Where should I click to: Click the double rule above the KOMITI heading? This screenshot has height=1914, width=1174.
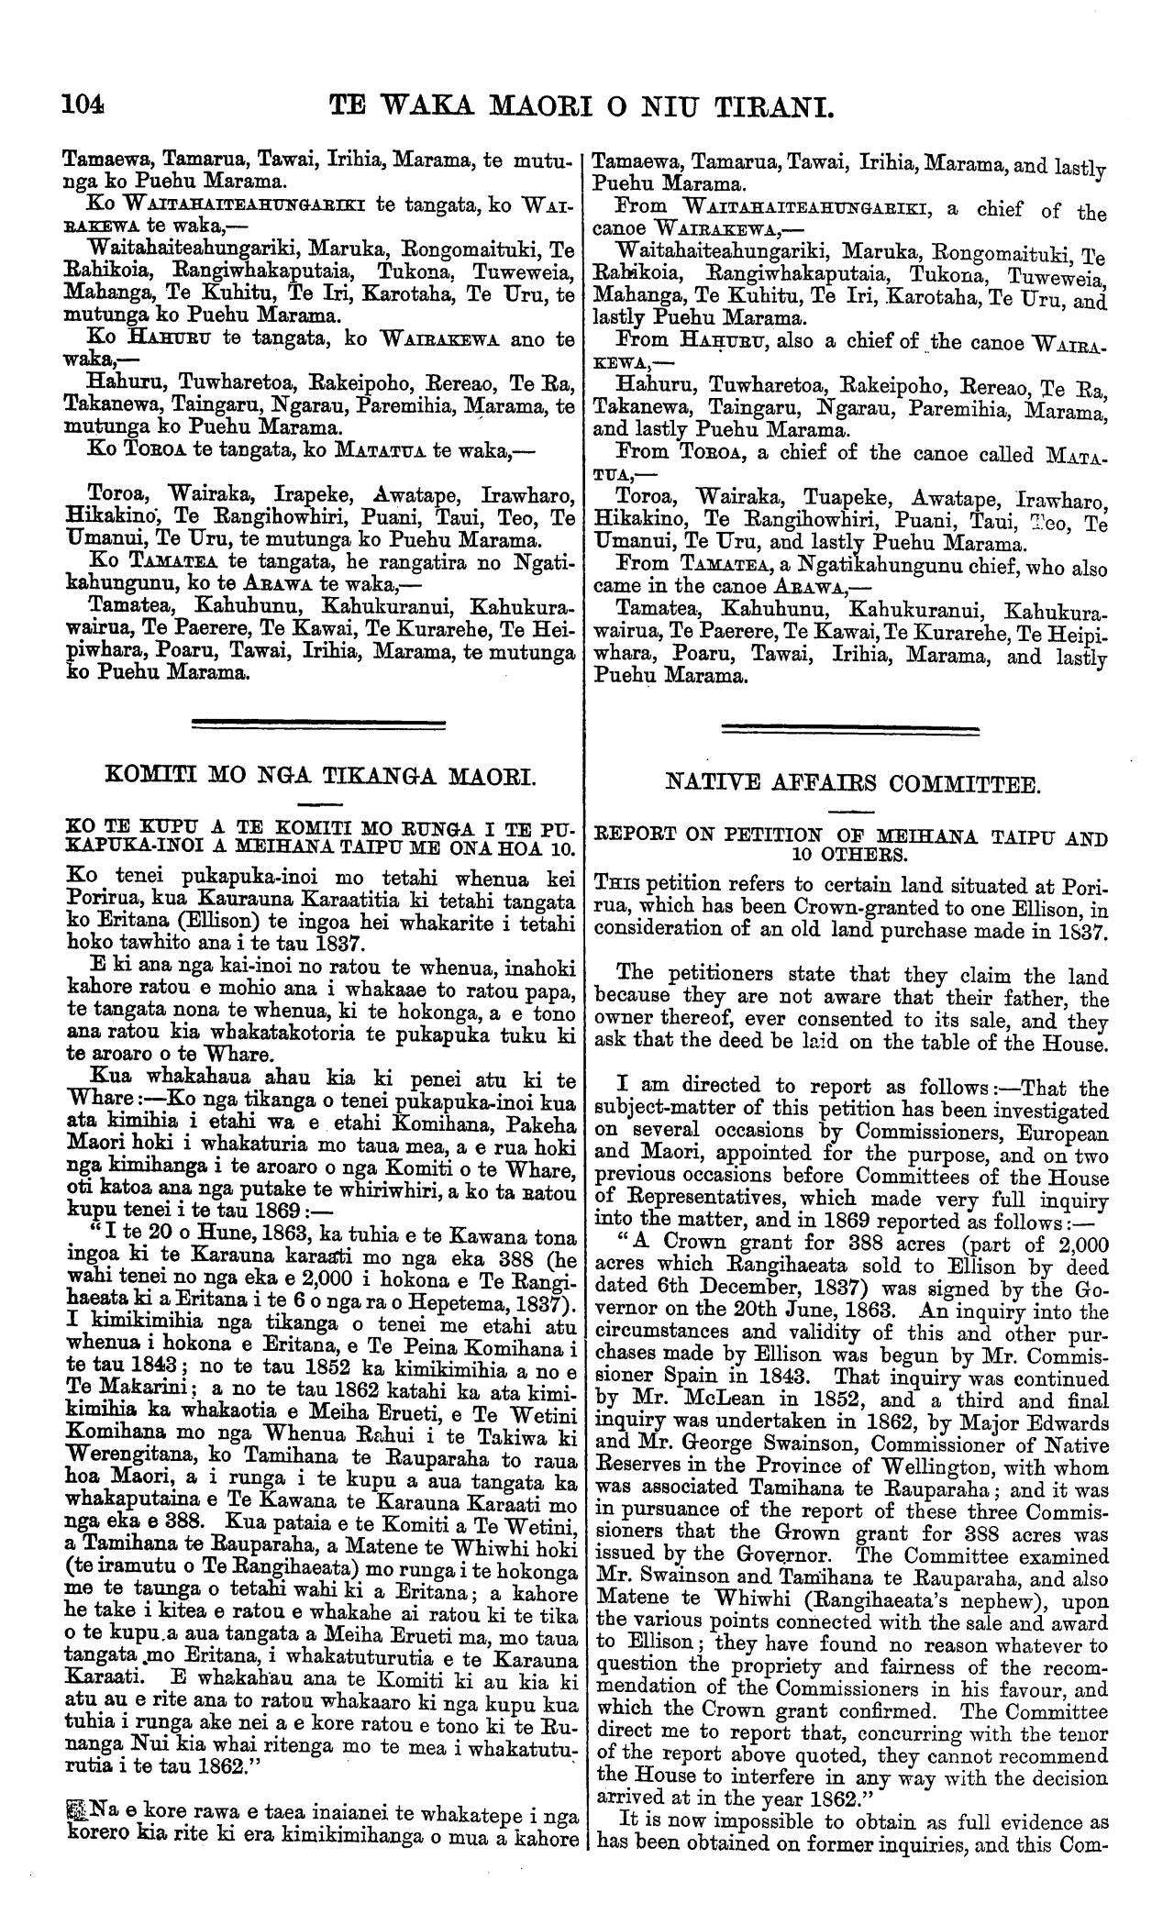[316, 726]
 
